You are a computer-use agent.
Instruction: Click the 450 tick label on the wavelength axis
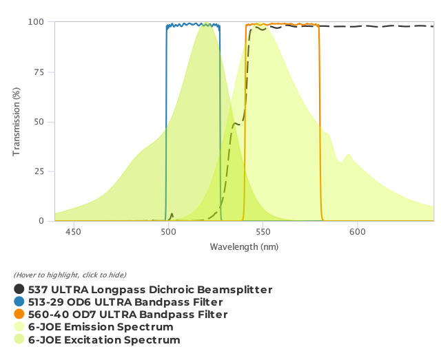coord(73,232)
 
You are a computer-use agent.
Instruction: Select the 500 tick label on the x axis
coord(168,232)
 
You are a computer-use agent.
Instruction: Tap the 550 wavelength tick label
coord(263,232)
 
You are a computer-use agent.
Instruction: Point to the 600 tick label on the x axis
coord(357,232)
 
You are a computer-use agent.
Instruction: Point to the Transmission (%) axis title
coord(17,121)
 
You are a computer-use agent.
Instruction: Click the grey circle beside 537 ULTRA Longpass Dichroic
coord(19,290)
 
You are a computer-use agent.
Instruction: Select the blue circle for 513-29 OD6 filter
coord(19,302)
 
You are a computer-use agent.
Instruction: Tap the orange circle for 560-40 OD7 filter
coord(19,315)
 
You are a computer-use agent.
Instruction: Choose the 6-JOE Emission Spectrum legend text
coord(101,327)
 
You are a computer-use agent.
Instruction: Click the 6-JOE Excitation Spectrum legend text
coord(104,340)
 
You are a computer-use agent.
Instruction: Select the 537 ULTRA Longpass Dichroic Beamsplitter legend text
coord(150,290)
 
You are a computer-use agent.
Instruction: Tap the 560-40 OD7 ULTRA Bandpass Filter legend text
coord(127,315)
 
